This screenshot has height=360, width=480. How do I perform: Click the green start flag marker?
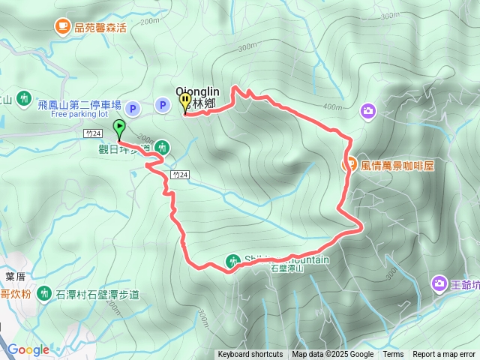pos(118,128)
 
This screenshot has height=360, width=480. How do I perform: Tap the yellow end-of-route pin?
pos(184,102)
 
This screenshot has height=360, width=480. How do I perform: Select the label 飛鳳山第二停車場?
pos(79,105)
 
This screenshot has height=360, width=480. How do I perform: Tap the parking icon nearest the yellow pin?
pos(162,105)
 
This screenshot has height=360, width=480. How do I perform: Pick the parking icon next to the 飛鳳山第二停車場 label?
pos(133,109)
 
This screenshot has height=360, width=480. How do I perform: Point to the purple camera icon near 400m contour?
pos(367,111)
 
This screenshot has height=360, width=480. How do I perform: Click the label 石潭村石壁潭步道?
pos(98,294)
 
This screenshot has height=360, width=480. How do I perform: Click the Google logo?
pos(28,349)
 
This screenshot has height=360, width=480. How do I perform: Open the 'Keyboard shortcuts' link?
pos(250,355)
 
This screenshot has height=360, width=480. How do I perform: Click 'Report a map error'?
pos(444,355)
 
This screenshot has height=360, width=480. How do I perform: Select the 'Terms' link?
pos(393,355)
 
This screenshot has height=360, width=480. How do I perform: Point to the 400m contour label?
pos(332,106)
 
